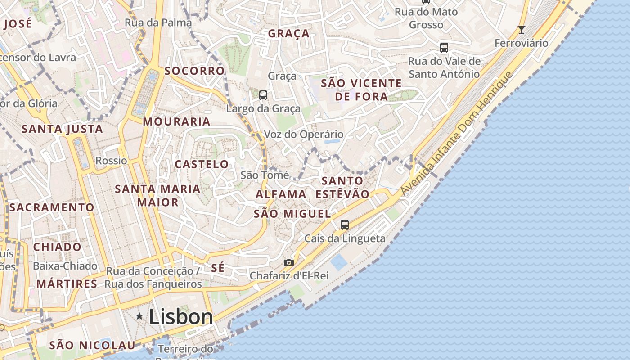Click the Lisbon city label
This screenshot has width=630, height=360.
pos(181,317)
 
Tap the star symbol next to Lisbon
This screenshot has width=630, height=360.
pos(139,316)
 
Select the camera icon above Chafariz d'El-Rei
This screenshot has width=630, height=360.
pos(289,262)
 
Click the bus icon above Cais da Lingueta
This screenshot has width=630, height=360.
pos(345,225)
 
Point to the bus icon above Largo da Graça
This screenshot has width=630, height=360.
pos(263,95)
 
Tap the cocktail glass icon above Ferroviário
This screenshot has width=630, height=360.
pos(521,30)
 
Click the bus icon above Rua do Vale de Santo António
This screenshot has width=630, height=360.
pos(444,48)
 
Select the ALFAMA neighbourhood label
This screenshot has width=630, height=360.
pos(281,194)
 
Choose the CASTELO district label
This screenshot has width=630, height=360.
pos(202,164)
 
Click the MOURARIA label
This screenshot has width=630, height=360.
pos(176,121)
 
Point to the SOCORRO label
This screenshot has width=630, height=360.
pos(194,71)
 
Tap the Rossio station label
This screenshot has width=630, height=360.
pos(111,161)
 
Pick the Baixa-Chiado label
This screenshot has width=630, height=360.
pos(65,266)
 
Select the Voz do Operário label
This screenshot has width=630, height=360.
pos(303,135)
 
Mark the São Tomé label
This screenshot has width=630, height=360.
pos(265,175)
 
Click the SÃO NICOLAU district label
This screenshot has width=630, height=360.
pos(92,345)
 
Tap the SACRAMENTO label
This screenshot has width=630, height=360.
pos(52,207)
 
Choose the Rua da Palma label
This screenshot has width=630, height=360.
pos(158,22)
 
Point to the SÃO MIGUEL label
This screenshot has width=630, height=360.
pos(292,214)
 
